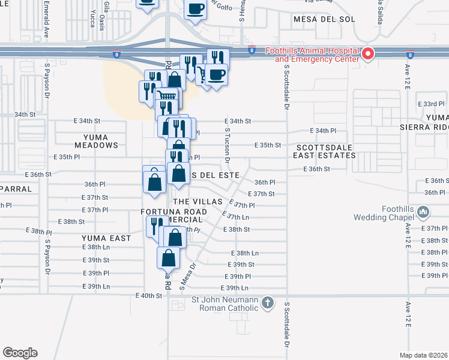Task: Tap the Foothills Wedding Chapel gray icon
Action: pyautogui.click(x=423, y=212)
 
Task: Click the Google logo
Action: pyautogui.click(x=20, y=353)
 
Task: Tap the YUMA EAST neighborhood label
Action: pyautogui.click(x=106, y=238)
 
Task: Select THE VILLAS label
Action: pyautogui.click(x=197, y=202)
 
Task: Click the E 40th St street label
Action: pyautogui.click(x=149, y=296)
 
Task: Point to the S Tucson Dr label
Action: pyautogui.click(x=228, y=148)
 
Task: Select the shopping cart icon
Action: pyautogui.click(x=167, y=96)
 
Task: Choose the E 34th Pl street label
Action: pyautogui.click(x=324, y=131)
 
